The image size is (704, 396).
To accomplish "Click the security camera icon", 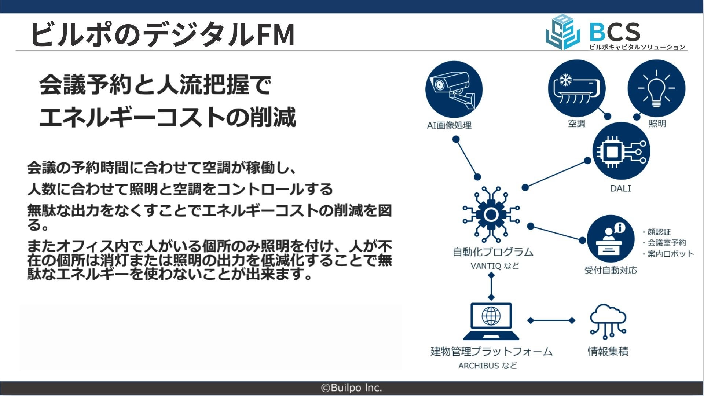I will point(454,89).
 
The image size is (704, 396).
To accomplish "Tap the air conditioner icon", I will point(576,88).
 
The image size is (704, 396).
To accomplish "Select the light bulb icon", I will point(656,88).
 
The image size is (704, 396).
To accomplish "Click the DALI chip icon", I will point(621,151).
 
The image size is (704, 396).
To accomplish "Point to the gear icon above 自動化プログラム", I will point(491,215).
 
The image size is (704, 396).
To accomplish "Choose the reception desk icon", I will point(610,239).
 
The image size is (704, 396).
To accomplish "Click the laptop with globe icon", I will point(491,321).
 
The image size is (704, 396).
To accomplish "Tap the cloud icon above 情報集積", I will point(608,321).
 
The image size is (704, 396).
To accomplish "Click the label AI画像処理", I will point(449,125).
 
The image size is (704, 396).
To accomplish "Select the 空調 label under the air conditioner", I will point(576,124).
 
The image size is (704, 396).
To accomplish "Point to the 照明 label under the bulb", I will point(657,124).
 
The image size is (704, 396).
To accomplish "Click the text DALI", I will point(620,188).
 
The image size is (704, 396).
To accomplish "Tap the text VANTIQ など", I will point(495,266).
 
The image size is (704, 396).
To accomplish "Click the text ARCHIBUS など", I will point(488,366).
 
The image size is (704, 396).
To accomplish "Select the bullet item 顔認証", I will point(659,232).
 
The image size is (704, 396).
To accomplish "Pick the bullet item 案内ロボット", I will point(670,254).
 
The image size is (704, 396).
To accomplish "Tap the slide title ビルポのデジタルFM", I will point(163,34).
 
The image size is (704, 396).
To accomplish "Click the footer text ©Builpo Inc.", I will point(352,388).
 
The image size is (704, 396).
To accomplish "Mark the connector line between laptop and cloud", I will point(551,320).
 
